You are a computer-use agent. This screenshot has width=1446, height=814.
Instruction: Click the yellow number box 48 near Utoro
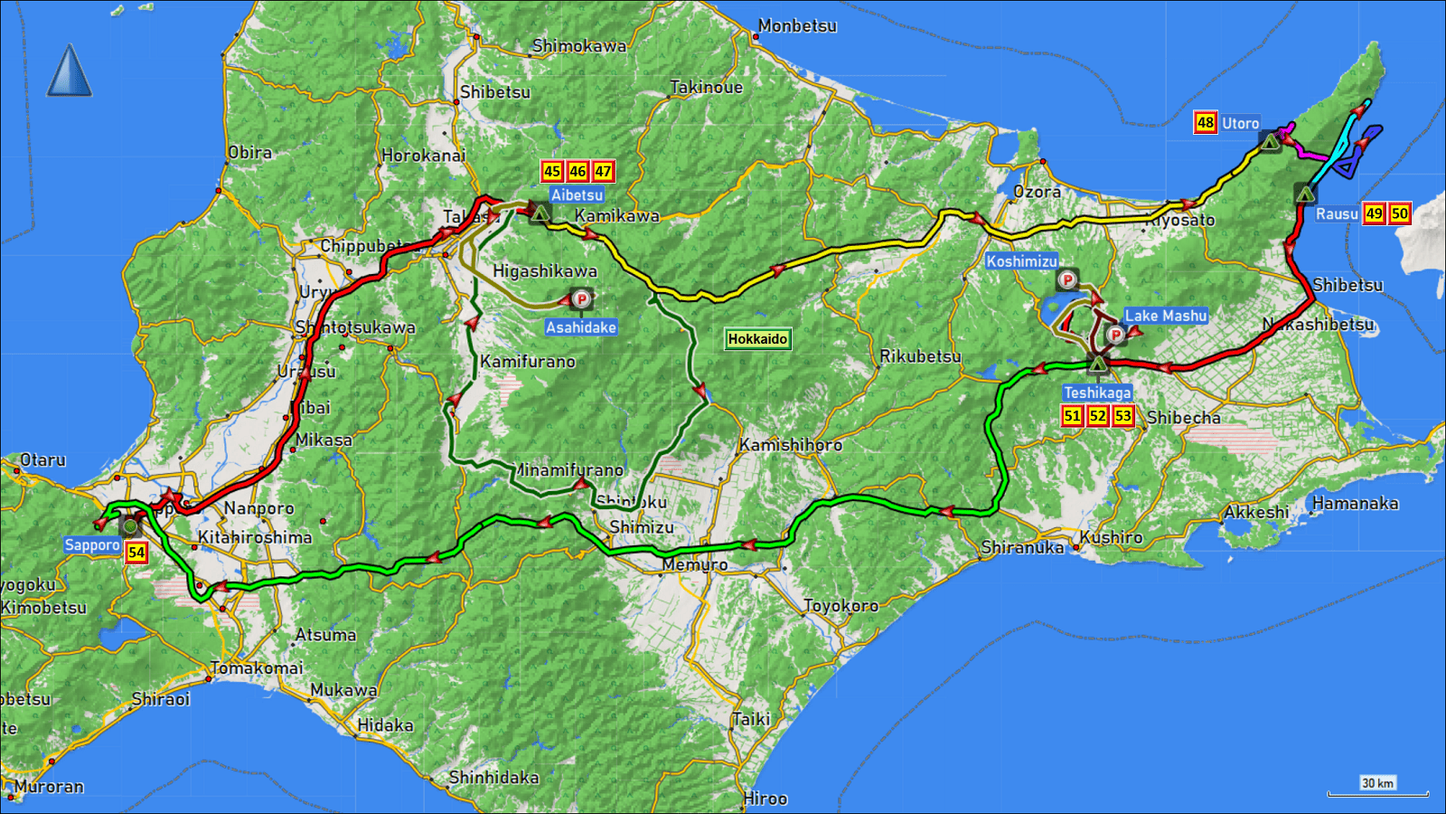1206,123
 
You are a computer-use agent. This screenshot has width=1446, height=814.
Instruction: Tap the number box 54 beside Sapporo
136,553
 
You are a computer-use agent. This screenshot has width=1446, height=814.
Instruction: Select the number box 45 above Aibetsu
552,171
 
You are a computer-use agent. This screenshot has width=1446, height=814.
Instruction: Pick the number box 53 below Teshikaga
1122,416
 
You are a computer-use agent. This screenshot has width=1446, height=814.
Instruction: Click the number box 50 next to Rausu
1399,213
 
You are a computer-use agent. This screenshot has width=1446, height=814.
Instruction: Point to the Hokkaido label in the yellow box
757,339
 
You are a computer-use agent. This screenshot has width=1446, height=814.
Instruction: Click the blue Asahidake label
581,327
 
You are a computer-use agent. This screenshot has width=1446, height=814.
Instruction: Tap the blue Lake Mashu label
1165,316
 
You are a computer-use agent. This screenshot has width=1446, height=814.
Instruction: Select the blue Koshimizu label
1021,261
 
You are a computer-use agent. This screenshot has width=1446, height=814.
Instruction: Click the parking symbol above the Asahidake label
582,298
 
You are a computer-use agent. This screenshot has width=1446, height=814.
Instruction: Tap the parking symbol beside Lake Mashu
1116,336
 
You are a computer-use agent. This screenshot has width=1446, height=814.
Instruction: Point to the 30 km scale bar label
1377,783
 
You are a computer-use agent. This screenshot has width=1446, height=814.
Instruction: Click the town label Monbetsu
797,26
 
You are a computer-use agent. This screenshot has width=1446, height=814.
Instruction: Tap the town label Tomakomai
257,668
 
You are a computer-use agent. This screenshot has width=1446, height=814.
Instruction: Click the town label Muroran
49,787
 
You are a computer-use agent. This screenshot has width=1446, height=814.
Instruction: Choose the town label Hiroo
765,799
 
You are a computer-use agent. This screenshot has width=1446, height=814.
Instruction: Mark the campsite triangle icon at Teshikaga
1097,364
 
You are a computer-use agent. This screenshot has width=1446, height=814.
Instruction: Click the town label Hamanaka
1355,504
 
